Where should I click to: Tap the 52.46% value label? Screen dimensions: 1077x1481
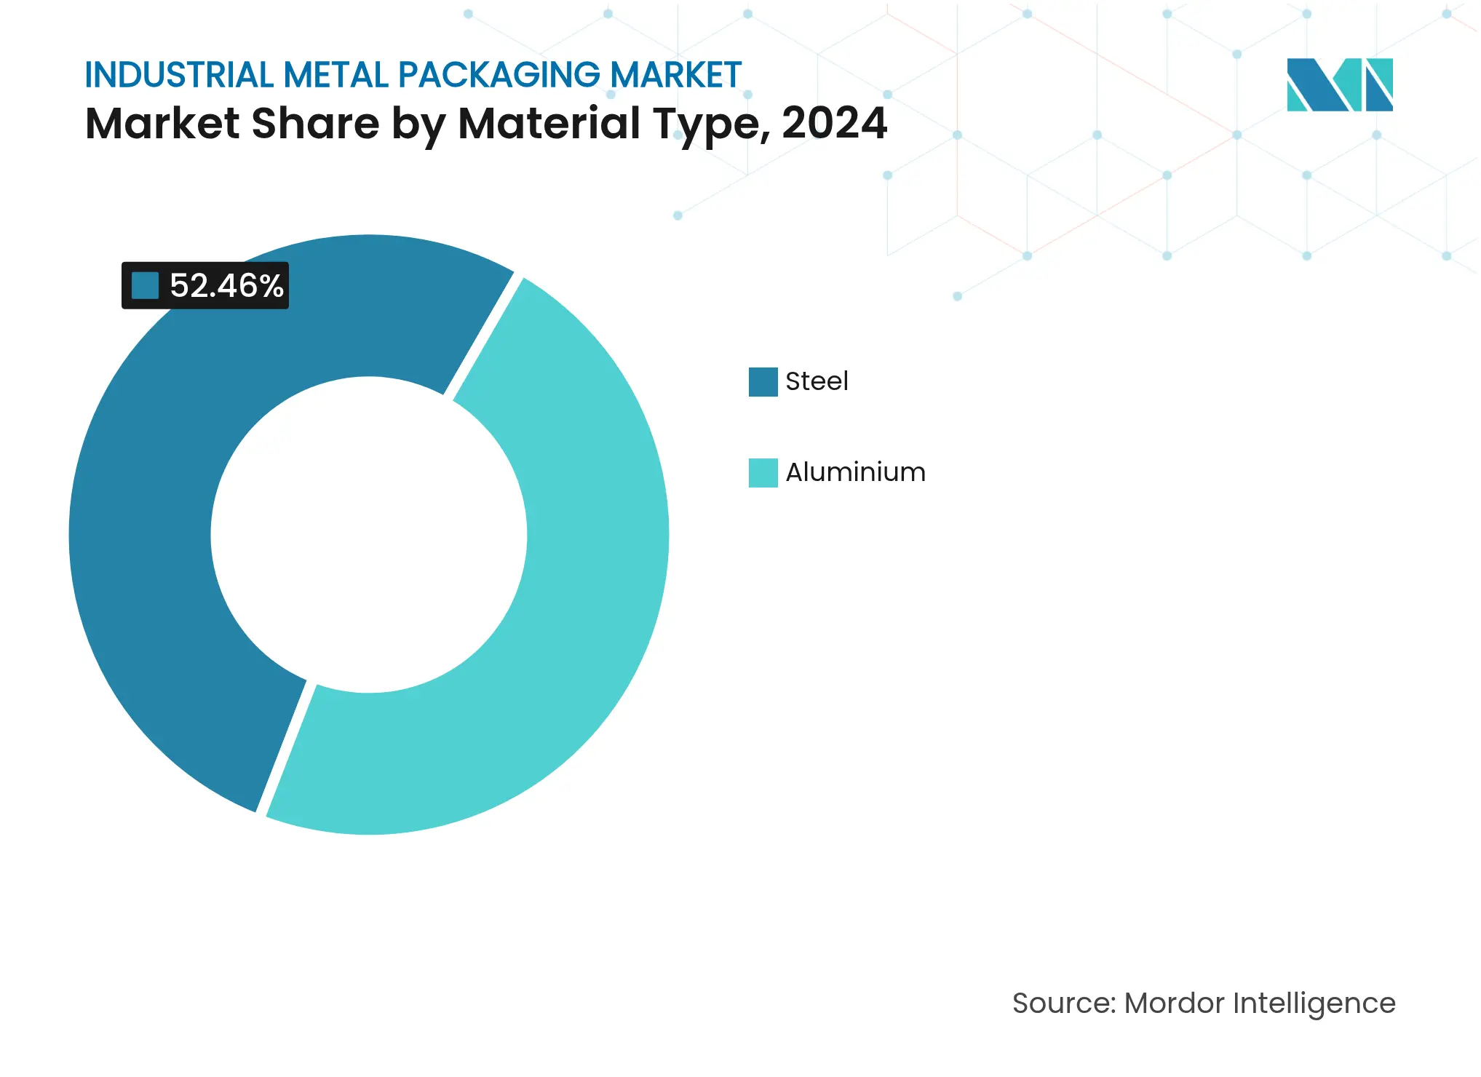(226, 285)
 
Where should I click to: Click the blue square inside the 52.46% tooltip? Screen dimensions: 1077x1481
(145, 285)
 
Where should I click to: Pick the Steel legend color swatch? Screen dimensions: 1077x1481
(763, 381)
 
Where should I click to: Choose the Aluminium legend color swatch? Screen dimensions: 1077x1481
(763, 472)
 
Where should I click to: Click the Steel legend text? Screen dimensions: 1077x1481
(817, 381)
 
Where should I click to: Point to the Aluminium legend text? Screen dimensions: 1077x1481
(855, 472)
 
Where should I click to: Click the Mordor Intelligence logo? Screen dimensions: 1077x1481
(1339, 84)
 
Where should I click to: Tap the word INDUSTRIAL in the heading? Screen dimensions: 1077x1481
(178, 75)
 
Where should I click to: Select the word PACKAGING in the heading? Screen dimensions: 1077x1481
(499, 75)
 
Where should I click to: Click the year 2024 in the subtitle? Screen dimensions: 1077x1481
(834, 123)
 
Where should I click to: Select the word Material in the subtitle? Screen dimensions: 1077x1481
(549, 123)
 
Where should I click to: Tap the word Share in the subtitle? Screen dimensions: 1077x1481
(315, 123)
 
